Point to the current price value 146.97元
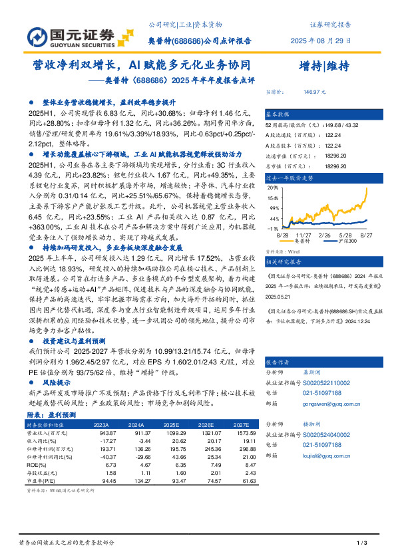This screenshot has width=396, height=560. (x=313, y=92)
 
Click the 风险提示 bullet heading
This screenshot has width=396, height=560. (x=59, y=384)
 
